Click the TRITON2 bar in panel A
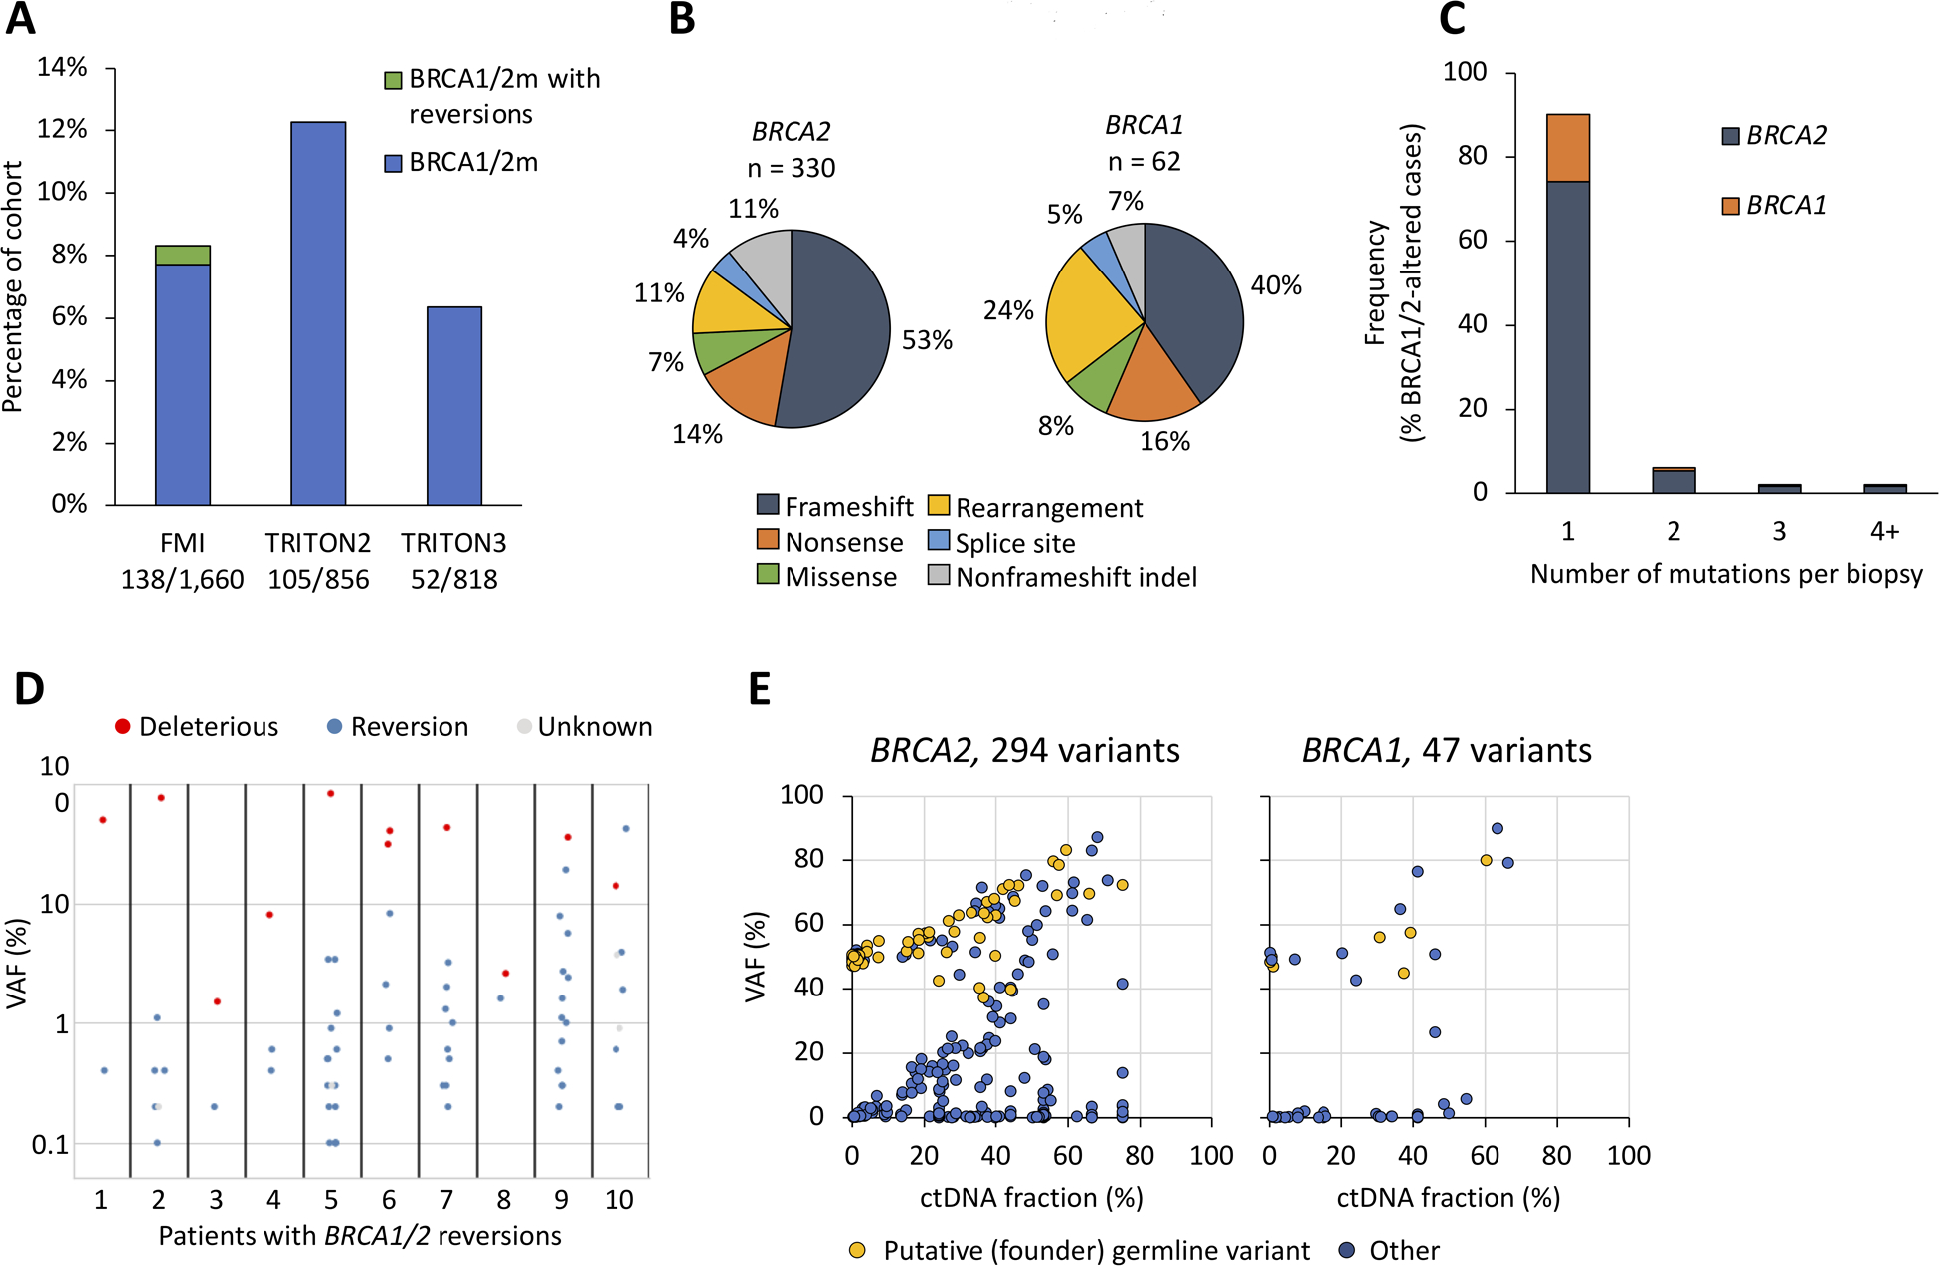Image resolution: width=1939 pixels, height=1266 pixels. [318, 313]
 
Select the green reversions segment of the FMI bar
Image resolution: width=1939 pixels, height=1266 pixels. [183, 256]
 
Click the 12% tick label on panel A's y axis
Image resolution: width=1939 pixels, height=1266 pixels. [62, 130]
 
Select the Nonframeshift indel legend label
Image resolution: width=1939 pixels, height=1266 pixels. [1076, 577]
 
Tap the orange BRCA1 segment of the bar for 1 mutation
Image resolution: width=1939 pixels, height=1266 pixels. [1568, 148]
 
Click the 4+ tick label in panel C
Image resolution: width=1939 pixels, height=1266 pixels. [1884, 532]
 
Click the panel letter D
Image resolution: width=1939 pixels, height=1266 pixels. [29, 688]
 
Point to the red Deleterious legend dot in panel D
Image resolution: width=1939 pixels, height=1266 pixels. [123, 727]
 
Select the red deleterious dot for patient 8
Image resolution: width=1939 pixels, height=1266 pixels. [506, 973]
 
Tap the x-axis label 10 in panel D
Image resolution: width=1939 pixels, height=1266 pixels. [618, 1200]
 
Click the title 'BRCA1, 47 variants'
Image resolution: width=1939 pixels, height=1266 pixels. [1447, 750]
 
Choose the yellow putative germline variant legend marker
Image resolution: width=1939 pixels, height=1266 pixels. [857, 1251]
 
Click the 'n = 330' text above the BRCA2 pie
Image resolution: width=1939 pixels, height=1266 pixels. [791, 168]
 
